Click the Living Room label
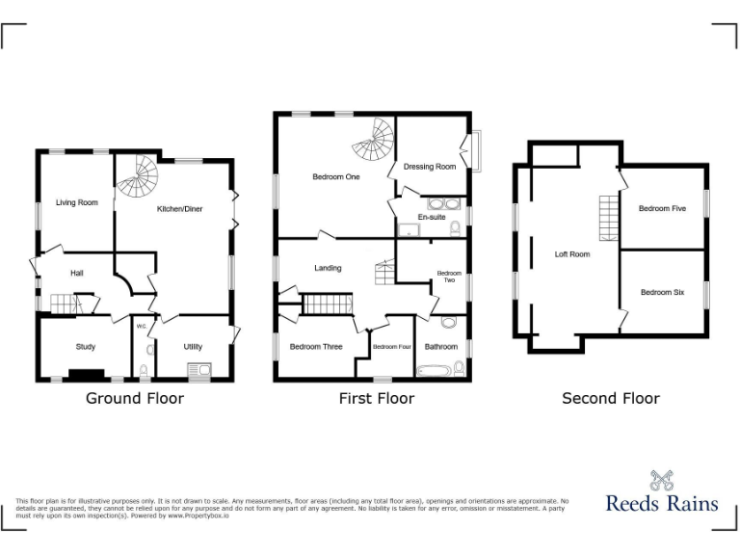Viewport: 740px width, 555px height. tap(77, 202)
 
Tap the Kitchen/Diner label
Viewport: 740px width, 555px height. tap(180, 208)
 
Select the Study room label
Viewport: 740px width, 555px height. tap(86, 347)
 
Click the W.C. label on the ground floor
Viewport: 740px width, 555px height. tap(141, 326)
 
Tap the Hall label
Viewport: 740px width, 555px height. tap(77, 274)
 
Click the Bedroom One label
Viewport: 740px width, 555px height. tap(335, 177)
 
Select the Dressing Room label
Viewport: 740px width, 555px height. tap(430, 167)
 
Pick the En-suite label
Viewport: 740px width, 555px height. tap(431, 217)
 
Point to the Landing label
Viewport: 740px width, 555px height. tap(328, 268)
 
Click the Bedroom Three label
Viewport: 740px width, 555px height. tap(316, 347)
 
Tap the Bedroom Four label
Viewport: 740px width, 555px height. tap(392, 347)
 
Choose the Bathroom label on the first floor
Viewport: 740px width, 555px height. tap(441, 347)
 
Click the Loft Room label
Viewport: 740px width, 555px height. tap(572, 254)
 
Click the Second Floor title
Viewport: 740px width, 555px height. tap(611, 398)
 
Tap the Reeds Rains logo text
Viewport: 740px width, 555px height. tap(661, 502)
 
